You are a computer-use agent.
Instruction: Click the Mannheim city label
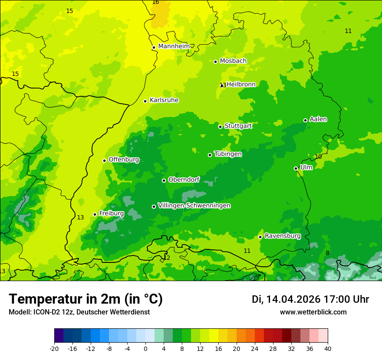(x=174, y=46)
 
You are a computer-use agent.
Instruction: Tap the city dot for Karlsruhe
(x=145, y=101)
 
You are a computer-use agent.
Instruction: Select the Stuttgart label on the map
(x=238, y=126)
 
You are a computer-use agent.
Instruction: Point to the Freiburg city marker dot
(x=95, y=214)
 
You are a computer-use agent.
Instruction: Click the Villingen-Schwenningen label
(x=194, y=206)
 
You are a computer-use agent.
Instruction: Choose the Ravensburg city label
(x=283, y=236)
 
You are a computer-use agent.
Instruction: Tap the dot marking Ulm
(x=296, y=168)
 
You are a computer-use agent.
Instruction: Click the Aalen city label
(x=318, y=119)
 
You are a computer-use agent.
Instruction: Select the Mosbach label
(x=233, y=61)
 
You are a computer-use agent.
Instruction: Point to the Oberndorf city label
(x=184, y=180)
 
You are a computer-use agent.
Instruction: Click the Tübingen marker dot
(x=210, y=155)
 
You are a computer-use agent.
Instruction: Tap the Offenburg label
(x=124, y=160)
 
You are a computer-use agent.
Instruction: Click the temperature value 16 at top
(x=155, y=3)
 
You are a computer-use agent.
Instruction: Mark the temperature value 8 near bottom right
(x=327, y=253)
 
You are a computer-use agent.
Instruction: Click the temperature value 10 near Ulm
(x=318, y=157)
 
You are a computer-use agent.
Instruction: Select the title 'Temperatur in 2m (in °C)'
(x=86, y=299)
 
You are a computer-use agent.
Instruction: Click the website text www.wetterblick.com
(x=313, y=312)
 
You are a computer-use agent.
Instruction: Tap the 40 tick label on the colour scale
(x=327, y=348)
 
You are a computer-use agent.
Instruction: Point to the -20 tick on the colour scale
(x=54, y=348)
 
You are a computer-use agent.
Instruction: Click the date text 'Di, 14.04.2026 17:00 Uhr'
(x=310, y=299)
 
